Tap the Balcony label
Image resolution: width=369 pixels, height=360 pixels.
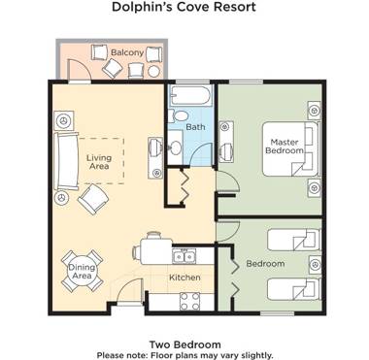(126, 51)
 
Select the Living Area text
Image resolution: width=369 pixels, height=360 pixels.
(99, 163)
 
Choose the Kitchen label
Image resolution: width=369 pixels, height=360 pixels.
(184, 278)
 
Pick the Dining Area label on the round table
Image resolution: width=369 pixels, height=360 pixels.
(81, 271)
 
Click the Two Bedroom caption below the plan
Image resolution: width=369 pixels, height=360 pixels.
(184, 344)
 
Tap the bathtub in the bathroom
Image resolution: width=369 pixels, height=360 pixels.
(189, 98)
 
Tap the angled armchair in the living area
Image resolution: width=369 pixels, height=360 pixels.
(95, 200)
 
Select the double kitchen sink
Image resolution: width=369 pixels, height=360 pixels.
(184, 257)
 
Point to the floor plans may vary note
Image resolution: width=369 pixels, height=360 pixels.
(184, 354)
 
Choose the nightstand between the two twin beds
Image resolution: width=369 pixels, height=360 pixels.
(313, 263)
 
